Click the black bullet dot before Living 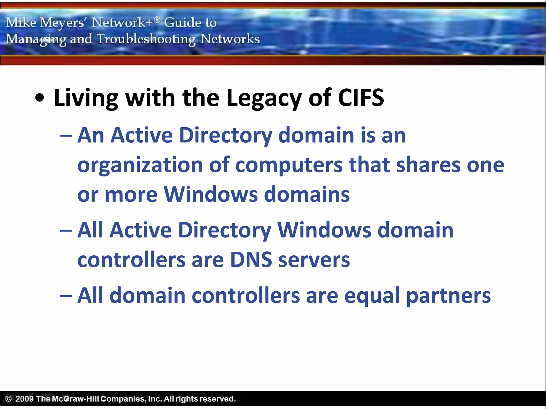pyautogui.click(x=40, y=98)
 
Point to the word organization pyautogui.click(x=140, y=165)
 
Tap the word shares pyautogui.click(x=428, y=165)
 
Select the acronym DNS pyautogui.click(x=251, y=260)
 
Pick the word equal pyautogui.click(x=372, y=296)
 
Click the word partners pyautogui.click(x=448, y=296)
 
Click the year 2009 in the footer pyautogui.click(x=24, y=399)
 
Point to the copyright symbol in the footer pyautogui.click(x=9, y=399)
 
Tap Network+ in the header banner pyautogui.click(x=122, y=22)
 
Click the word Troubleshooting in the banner pyautogui.click(x=146, y=39)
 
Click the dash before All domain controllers pyautogui.click(x=66, y=296)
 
